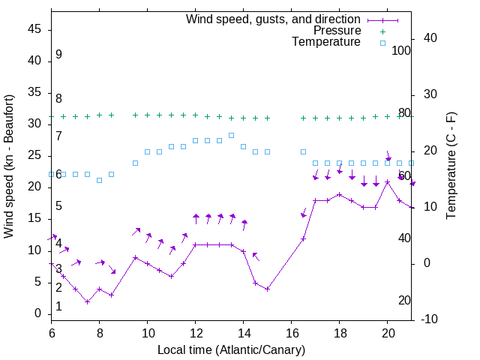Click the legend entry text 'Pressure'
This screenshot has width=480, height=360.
coord(337,31)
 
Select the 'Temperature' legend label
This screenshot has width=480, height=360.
coord(326,42)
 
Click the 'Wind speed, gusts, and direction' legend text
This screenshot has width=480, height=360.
coord(273,19)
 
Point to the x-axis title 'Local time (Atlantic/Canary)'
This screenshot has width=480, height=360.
coord(231,350)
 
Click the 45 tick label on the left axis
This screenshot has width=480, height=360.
coord(34,29)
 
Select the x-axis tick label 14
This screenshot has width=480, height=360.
coord(243,332)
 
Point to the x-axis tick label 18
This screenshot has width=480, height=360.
coord(339,332)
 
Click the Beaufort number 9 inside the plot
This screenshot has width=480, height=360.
coord(58,55)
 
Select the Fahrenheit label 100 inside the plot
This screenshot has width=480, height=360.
coord(401,51)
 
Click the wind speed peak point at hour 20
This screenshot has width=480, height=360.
coord(387,181)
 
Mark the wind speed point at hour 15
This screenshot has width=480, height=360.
coord(267,289)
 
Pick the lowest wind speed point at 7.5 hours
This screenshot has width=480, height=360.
coord(87,301)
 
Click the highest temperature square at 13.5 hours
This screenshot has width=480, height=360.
coord(231,135)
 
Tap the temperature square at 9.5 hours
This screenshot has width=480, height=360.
coord(135,163)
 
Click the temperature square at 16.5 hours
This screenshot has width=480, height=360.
coord(303,151)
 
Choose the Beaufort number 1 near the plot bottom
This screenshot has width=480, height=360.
coord(58,307)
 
